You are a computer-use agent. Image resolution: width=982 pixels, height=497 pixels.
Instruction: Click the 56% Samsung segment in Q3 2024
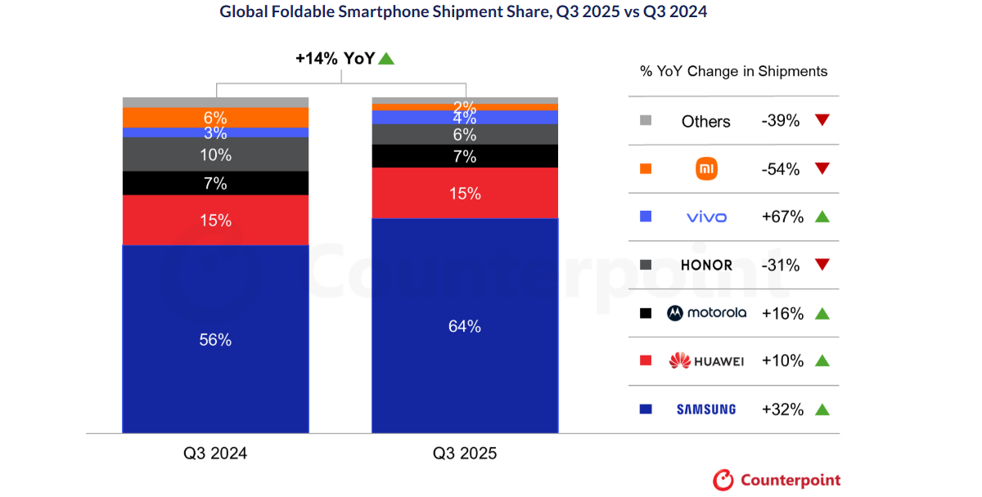click(215, 339)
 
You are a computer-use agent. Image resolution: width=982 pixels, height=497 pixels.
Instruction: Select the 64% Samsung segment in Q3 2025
click(465, 325)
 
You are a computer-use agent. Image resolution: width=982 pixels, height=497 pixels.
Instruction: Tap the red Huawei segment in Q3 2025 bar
click(465, 193)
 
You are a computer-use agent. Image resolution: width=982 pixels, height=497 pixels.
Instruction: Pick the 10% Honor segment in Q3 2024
click(215, 154)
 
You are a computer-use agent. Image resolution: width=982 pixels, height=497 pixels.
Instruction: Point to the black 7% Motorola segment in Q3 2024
click(215, 183)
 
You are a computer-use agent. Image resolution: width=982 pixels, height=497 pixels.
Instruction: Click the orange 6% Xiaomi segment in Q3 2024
click(215, 118)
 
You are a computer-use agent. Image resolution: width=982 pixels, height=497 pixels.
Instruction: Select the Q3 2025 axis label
click(465, 453)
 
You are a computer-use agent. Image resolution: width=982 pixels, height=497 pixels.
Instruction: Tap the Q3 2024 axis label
click(215, 453)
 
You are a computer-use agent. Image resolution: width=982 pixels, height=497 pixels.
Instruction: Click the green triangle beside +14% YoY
click(386, 59)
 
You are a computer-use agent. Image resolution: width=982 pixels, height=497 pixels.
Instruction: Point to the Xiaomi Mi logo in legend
click(706, 169)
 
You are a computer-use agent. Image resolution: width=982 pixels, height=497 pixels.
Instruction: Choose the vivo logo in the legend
click(706, 217)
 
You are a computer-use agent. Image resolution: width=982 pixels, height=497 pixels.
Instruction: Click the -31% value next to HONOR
click(781, 266)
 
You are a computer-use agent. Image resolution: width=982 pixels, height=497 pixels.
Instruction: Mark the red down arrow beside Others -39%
click(822, 120)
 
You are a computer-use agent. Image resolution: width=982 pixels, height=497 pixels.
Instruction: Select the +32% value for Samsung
click(782, 410)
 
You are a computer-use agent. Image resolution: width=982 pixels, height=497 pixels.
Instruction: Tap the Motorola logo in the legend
click(706, 313)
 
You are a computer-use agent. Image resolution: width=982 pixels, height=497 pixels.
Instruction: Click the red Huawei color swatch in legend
click(646, 360)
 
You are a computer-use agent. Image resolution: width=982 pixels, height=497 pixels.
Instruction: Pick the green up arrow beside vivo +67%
click(822, 217)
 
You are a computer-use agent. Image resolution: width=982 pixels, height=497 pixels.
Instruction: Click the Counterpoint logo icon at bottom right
click(723, 481)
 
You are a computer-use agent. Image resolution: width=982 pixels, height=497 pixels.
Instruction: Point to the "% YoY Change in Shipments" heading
click(733, 71)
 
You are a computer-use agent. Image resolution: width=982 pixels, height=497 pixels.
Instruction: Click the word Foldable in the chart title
click(303, 11)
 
